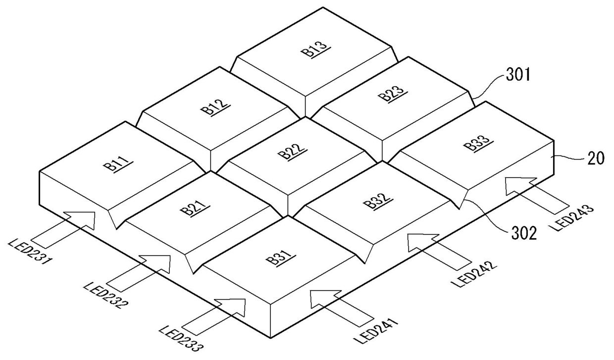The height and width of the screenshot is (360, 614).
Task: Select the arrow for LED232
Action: [139, 273]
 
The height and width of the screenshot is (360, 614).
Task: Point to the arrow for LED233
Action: [214, 316]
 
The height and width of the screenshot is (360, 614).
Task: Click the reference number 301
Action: [518, 75]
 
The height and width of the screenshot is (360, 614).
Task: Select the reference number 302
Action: [523, 234]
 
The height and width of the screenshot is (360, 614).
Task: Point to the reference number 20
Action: [596, 158]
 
